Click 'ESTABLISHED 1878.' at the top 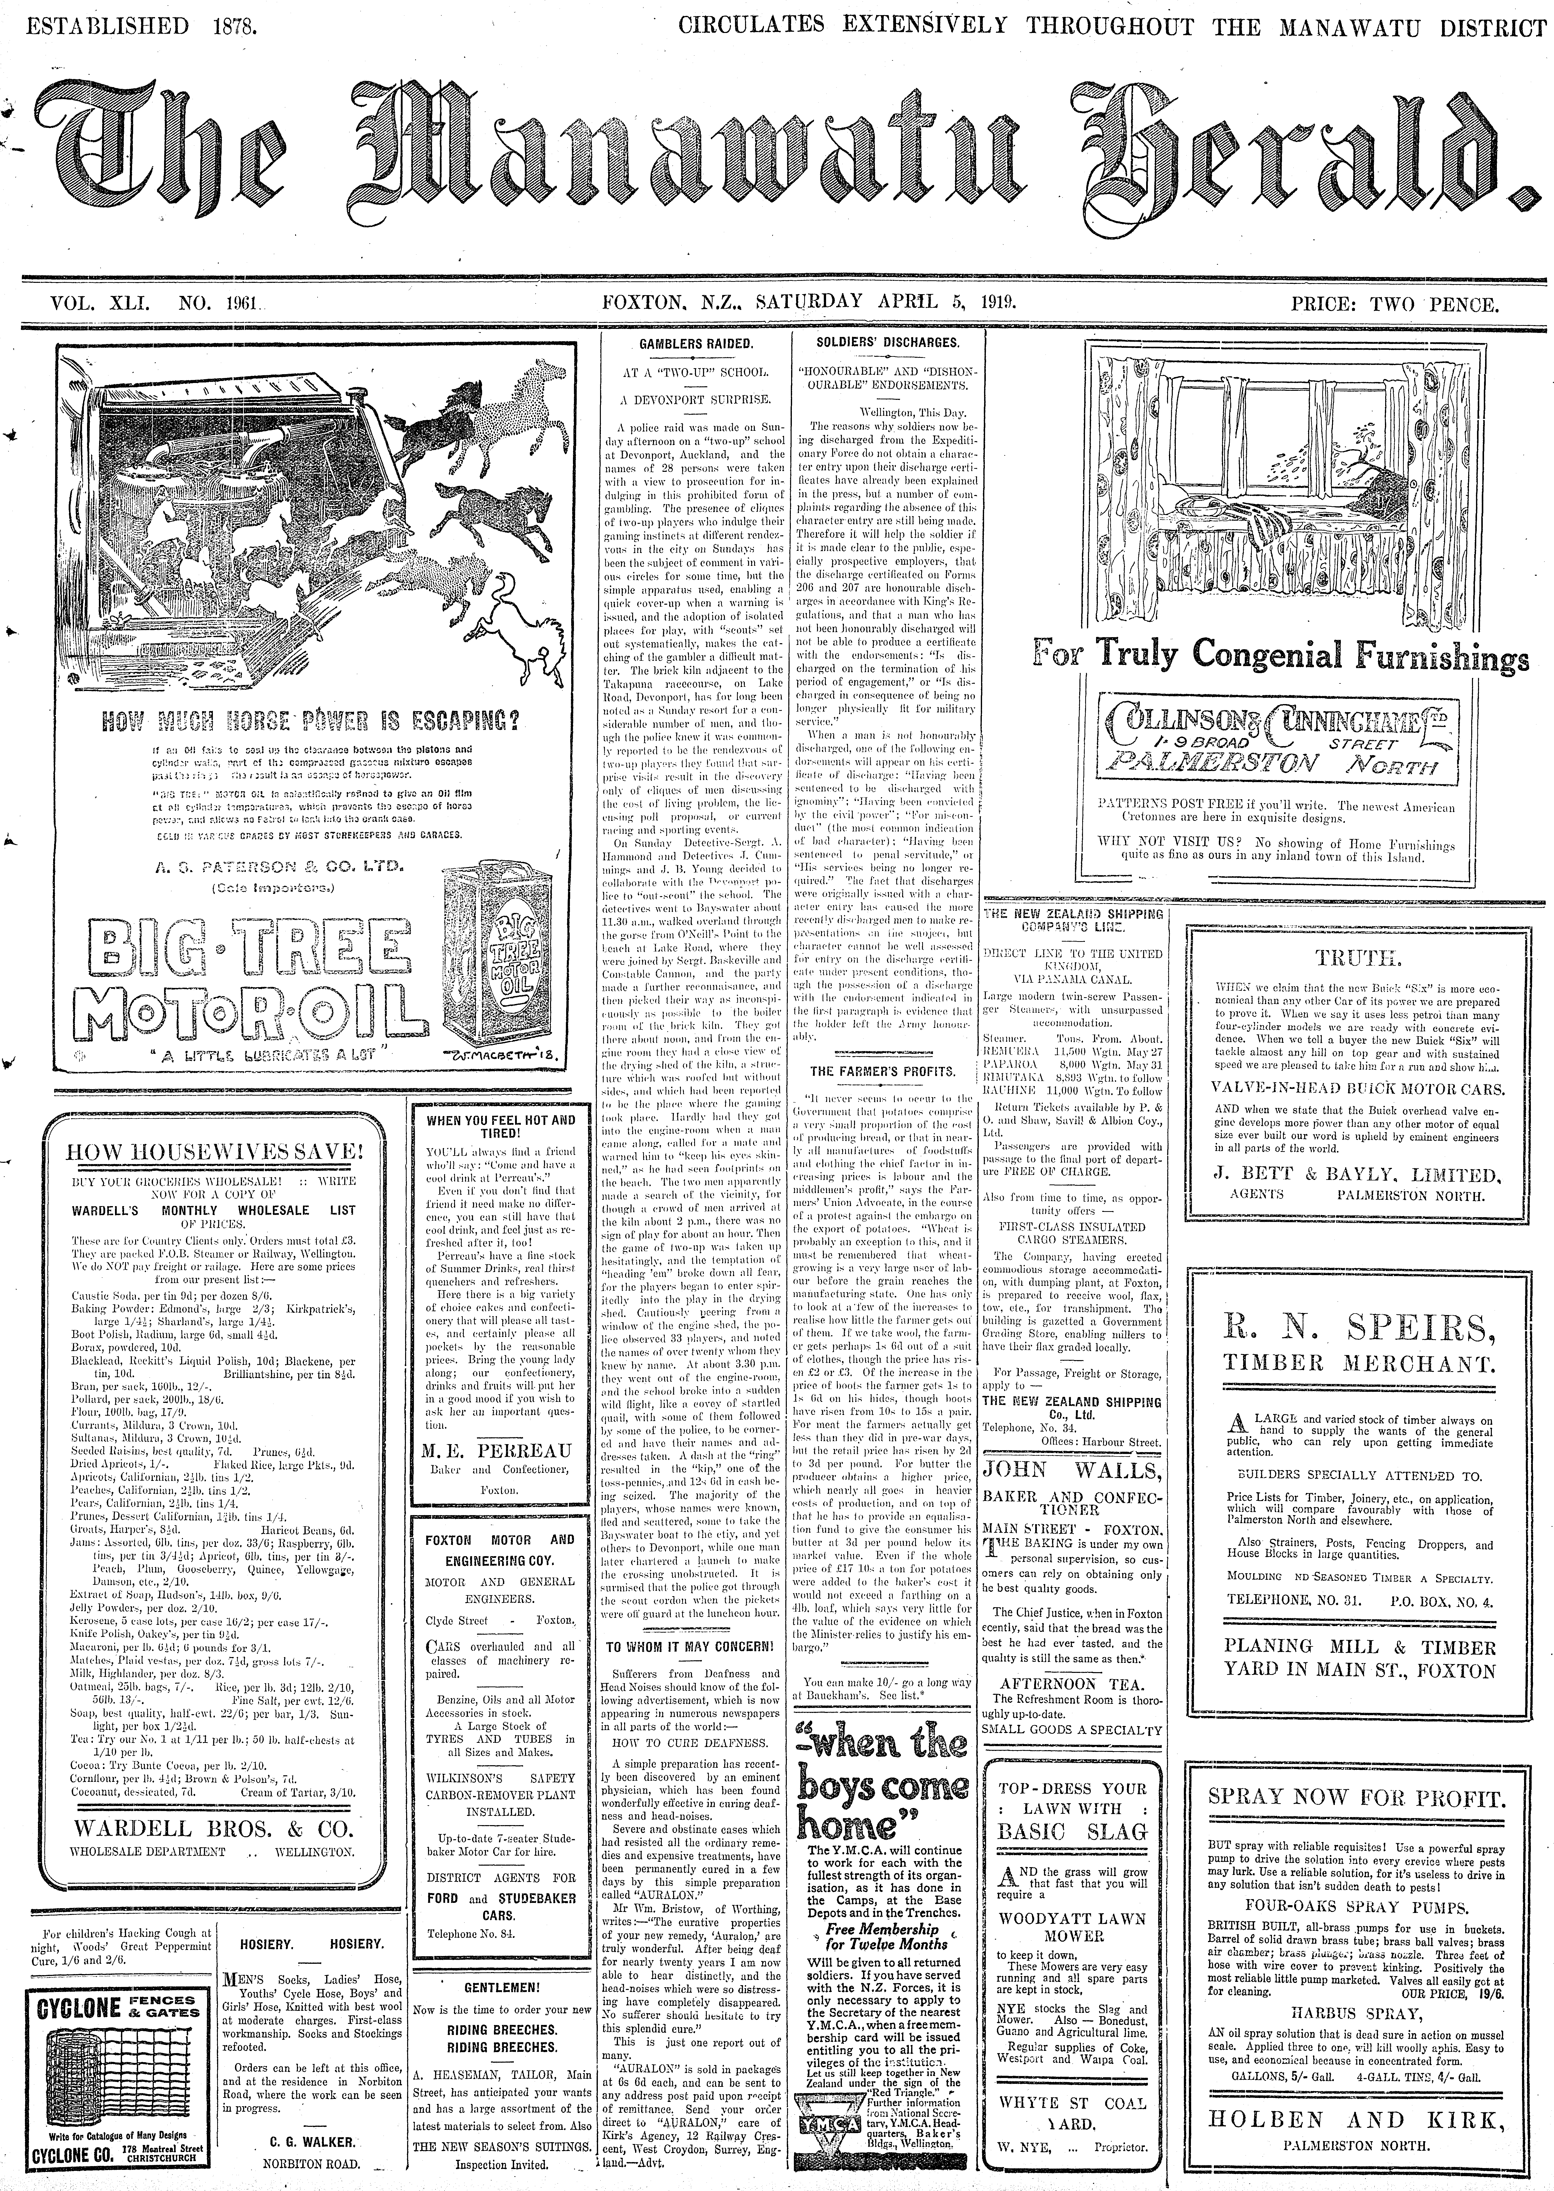click(x=142, y=26)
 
